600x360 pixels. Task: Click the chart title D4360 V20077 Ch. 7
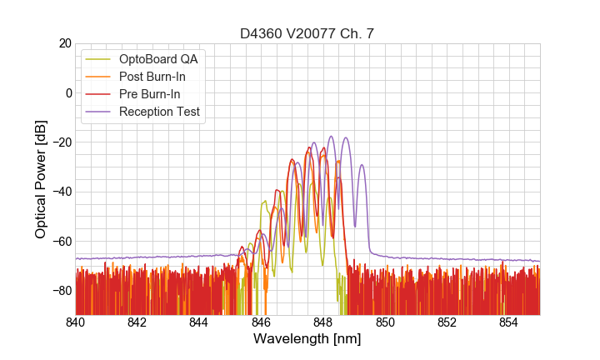(x=307, y=33)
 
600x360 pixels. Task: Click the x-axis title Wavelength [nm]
(x=307, y=340)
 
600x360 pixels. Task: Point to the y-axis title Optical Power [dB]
(x=41, y=178)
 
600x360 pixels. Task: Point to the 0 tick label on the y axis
(x=67, y=92)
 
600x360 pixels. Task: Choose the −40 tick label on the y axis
(x=60, y=192)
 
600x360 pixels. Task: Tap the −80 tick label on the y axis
(x=60, y=291)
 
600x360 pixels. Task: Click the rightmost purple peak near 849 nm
(x=362, y=165)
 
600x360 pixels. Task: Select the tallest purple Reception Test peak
(x=331, y=137)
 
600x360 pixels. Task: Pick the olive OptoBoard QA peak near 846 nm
(x=265, y=201)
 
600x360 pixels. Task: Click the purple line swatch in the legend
(x=98, y=112)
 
